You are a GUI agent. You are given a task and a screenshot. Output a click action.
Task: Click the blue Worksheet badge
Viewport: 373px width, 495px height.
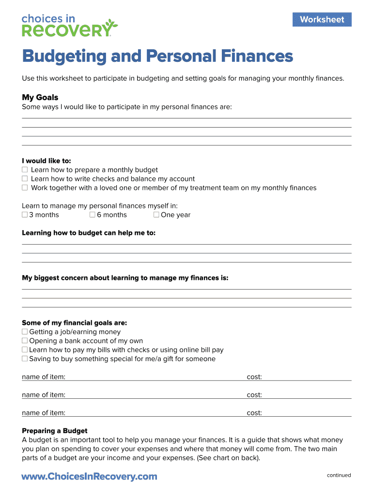pyautogui.click(x=322, y=20)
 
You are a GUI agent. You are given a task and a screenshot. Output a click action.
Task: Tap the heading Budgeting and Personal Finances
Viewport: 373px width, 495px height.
pyautogui.click(x=157, y=57)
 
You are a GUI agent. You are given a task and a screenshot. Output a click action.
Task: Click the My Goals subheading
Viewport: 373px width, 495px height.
pyautogui.click(x=40, y=97)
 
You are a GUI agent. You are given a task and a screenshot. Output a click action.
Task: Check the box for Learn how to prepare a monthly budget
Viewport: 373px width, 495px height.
pyautogui.click(x=25, y=170)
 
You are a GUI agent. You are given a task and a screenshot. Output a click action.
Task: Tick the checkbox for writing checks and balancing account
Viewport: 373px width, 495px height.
pyautogui.click(x=25, y=179)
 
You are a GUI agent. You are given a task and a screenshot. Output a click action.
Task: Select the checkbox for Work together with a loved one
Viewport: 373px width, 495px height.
pyautogui.click(x=25, y=188)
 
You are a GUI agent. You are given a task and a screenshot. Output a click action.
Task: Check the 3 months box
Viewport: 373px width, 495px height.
pyautogui.click(x=25, y=215)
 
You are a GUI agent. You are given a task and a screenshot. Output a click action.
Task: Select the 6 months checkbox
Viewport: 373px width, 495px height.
pyautogui.click(x=93, y=215)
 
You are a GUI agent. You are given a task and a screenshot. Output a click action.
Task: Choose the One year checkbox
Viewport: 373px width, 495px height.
pyautogui.click(x=156, y=215)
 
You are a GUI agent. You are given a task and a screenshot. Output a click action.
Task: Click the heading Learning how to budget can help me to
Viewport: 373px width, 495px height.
pyautogui.click(x=89, y=233)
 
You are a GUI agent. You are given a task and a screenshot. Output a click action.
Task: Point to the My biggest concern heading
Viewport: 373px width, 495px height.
pyautogui.click(x=125, y=278)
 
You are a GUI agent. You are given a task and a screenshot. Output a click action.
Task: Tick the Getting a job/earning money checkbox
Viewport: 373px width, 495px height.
pyautogui.click(x=25, y=332)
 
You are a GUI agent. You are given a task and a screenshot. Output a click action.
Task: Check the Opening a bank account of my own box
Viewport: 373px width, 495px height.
pyautogui.click(x=25, y=341)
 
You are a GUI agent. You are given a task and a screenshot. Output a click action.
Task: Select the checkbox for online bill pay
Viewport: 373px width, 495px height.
pyautogui.click(x=25, y=350)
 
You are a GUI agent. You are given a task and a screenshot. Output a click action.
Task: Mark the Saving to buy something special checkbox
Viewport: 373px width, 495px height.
pyautogui.click(x=25, y=359)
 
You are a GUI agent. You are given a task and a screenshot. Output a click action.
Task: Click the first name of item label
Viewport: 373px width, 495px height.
pyautogui.click(x=44, y=377)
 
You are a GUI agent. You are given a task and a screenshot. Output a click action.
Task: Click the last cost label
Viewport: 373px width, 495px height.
pyautogui.click(x=254, y=413)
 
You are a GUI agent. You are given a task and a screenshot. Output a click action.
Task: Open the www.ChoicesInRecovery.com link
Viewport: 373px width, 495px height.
pyautogui.click(x=90, y=477)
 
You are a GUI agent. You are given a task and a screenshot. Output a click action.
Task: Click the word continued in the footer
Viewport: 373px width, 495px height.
pyautogui.click(x=339, y=475)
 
